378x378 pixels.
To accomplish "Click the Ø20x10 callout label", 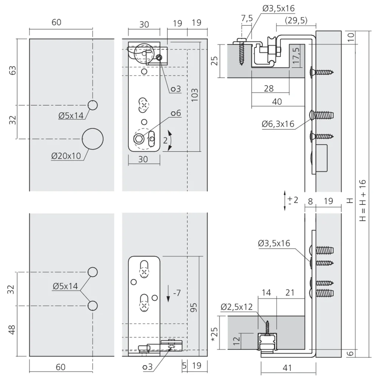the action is coord(66,156).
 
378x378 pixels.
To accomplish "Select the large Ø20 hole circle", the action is coord(93,139).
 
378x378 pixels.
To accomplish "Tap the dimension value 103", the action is coord(194,95).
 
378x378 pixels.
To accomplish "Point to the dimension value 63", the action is coord(12,70).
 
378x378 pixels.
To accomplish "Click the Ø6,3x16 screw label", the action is coord(278,124).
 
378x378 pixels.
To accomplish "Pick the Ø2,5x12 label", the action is coord(237,307).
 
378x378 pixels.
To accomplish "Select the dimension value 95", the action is coord(194,307).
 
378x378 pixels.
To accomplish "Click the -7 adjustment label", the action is coord(177,293).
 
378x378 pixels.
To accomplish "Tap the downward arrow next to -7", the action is coord(168,293).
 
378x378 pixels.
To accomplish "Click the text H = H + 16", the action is coord(363,200).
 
